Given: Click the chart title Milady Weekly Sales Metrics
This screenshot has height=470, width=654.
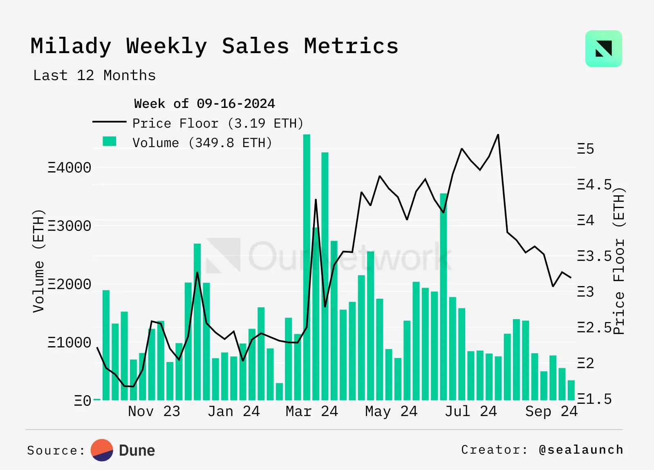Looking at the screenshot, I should click(x=214, y=46).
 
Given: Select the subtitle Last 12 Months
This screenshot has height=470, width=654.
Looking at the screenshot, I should click(x=94, y=76).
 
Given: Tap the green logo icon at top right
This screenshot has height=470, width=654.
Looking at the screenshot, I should click(x=603, y=49).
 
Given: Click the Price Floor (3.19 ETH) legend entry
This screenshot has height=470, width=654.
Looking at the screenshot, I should click(x=217, y=123).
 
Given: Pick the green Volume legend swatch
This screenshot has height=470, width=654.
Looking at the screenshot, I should click(x=110, y=142).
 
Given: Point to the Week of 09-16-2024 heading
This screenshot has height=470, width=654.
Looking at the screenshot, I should click(x=204, y=104).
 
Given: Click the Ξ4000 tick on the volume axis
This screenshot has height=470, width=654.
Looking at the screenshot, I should click(x=69, y=168).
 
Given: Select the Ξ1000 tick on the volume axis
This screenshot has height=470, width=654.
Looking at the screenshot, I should click(x=69, y=342).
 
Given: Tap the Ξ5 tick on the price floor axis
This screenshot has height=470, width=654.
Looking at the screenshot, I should click(x=585, y=149).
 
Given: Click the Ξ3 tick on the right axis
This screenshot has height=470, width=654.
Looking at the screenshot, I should click(x=585, y=292).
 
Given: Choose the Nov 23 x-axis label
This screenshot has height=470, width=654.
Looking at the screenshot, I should click(x=154, y=411).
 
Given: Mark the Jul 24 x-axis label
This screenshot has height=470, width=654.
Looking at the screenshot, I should click(x=470, y=411).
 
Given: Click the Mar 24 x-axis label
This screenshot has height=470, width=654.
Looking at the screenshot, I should click(x=311, y=411).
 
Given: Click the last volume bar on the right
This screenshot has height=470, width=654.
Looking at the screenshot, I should click(x=571, y=390).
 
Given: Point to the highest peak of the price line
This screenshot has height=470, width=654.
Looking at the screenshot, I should click(x=498, y=135).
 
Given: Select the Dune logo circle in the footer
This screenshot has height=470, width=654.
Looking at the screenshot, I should click(x=102, y=450).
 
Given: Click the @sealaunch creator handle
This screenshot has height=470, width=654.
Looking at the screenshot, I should click(x=581, y=450).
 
